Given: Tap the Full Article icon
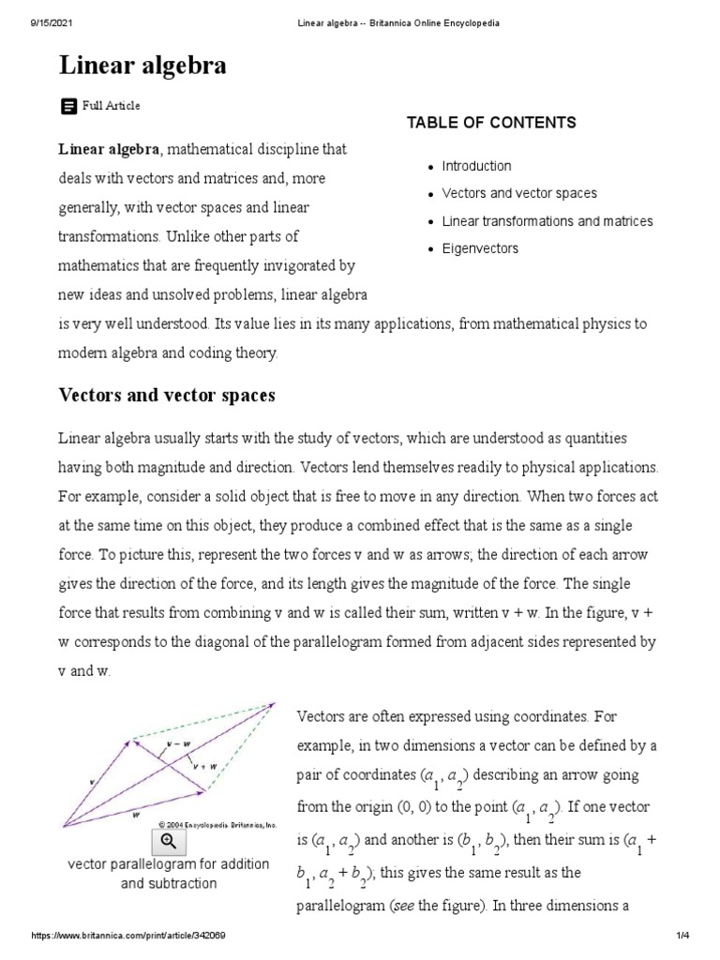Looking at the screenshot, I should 68,107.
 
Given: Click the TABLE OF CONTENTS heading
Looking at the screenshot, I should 491,123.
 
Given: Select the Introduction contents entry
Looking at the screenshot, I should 476,166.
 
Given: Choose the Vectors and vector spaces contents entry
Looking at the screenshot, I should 518,193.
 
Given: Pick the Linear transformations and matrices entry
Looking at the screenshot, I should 547,221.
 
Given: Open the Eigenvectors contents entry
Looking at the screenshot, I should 480,248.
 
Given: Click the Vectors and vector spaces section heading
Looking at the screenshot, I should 167,396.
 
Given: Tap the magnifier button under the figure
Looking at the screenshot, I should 169,840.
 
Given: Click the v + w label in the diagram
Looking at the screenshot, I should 205,765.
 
